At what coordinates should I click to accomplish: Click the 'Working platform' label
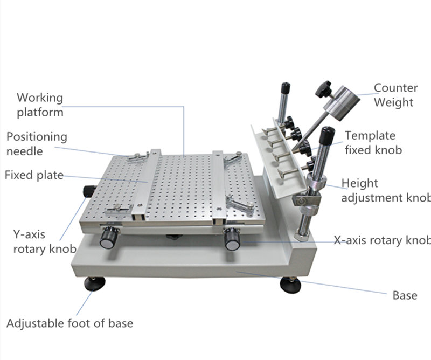point(40,105)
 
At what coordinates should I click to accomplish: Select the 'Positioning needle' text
point(37,144)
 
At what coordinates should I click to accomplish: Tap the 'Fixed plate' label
point(34,175)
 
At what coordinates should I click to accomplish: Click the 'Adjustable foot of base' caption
point(69,323)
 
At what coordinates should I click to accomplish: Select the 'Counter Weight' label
point(395,95)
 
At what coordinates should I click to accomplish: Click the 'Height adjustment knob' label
point(386,190)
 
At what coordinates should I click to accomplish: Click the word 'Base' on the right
point(405,295)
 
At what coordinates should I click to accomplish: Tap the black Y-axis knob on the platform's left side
point(89,191)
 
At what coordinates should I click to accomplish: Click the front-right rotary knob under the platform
point(232,239)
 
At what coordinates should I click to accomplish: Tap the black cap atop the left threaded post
point(285,88)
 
